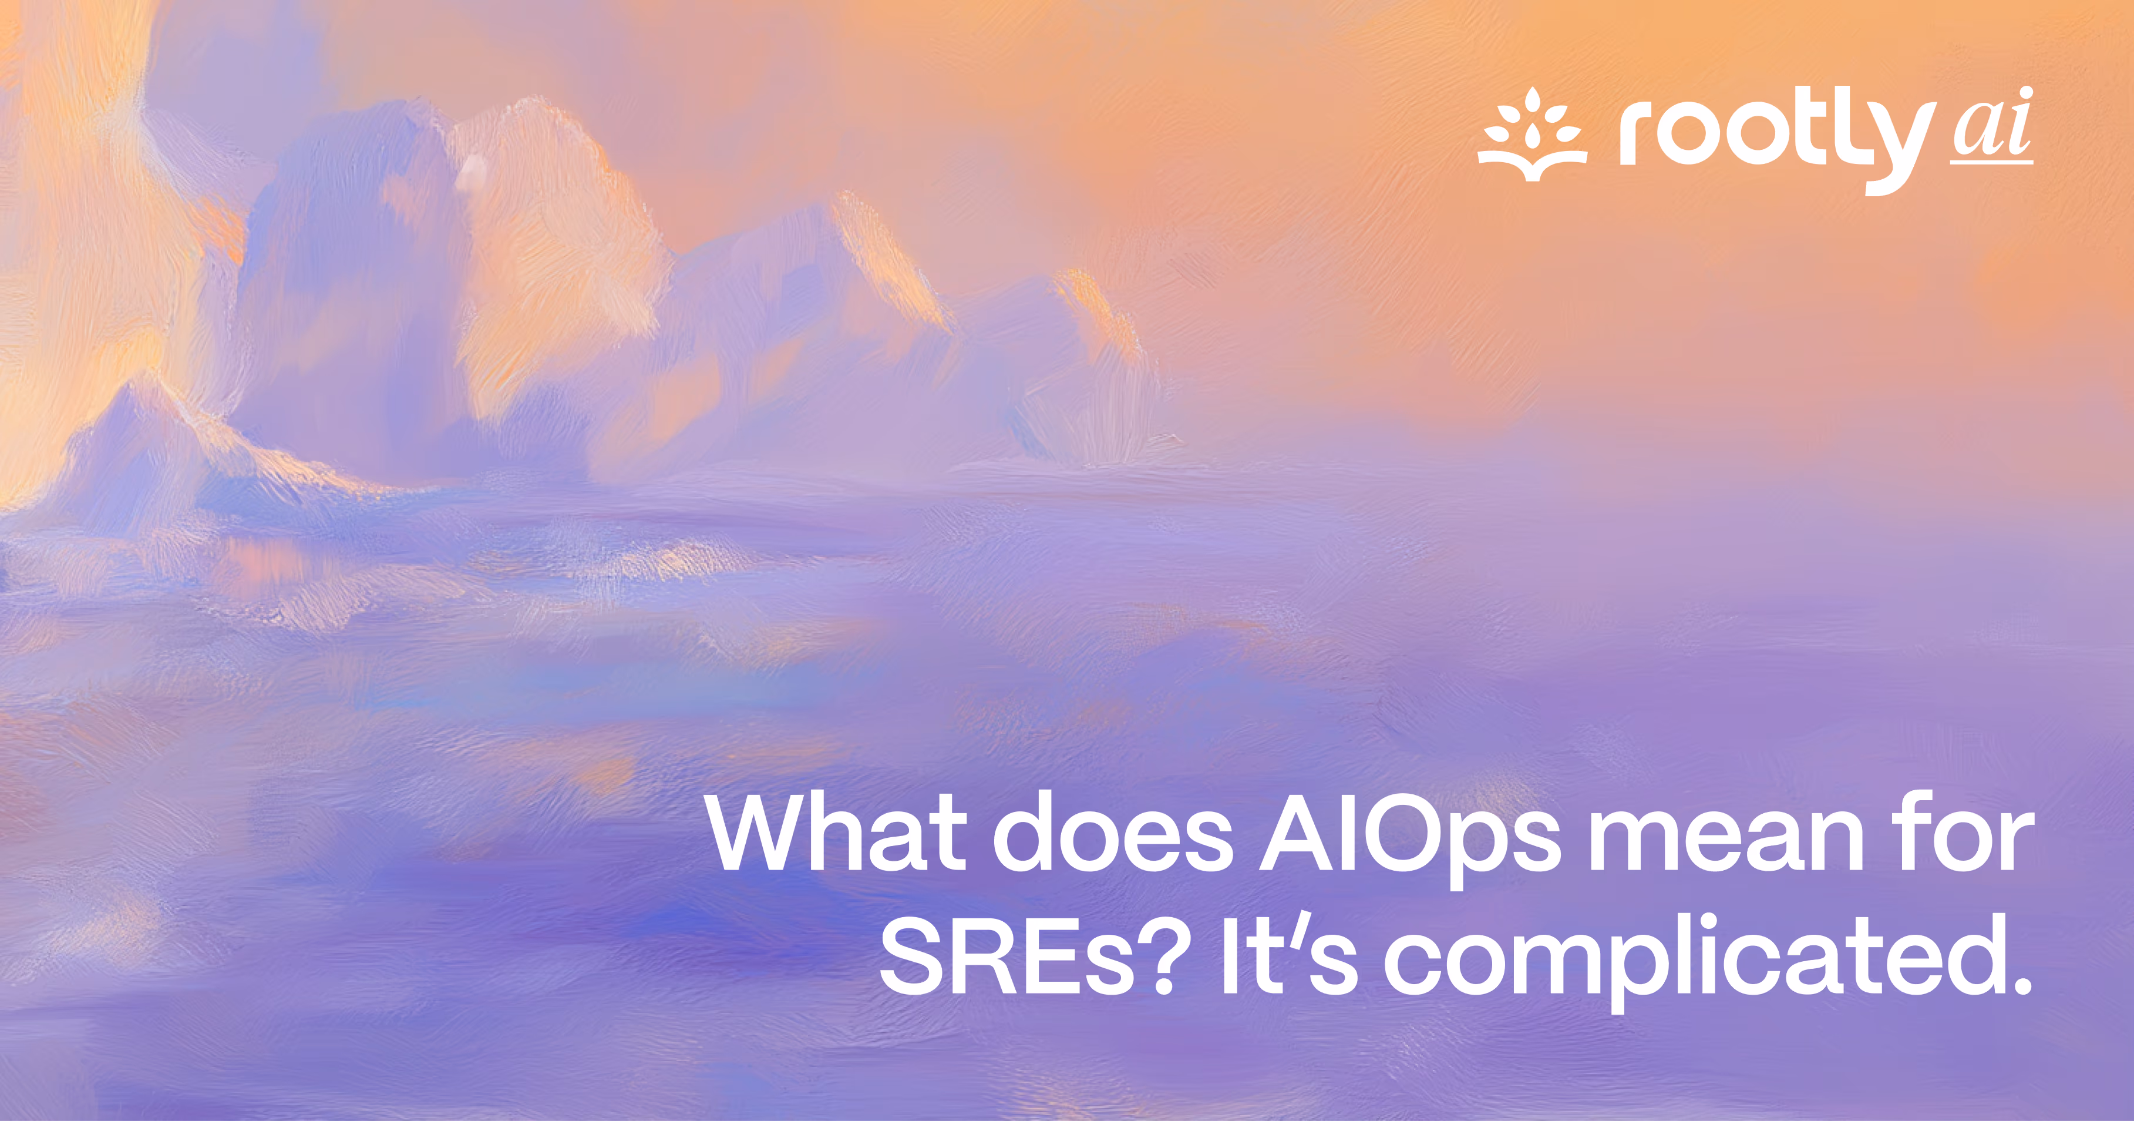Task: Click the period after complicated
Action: [x=2019, y=986]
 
